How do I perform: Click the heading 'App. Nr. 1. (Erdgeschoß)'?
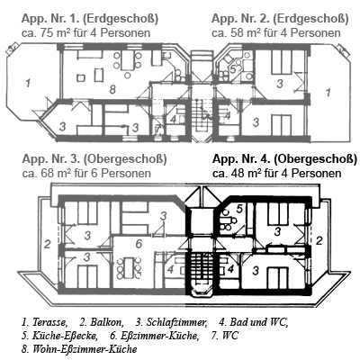pos(90,19)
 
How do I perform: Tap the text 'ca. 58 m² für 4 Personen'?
pos(276,32)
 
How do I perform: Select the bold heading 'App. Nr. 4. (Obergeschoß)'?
pos(284,159)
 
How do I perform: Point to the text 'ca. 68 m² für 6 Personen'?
pos(86,173)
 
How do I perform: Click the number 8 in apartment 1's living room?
pos(112,89)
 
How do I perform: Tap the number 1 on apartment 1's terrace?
pos(28,83)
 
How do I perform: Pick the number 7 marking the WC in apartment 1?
pos(158,129)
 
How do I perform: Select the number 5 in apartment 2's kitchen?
pos(232,68)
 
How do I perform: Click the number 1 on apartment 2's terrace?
pos(328,92)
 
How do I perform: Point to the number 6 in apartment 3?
pos(139,244)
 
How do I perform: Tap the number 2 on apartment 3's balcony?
pos(48,245)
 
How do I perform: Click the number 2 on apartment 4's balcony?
pos(319,240)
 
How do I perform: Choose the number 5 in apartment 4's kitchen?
pos(239,209)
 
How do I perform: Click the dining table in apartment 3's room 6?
pos(130,267)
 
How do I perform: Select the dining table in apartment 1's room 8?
pos(128,60)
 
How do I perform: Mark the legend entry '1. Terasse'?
pos(44,322)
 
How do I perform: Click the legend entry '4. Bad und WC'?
pos(253,322)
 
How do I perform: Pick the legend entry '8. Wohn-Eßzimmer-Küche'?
pos(79,349)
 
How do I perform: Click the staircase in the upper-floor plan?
pos(200,265)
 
